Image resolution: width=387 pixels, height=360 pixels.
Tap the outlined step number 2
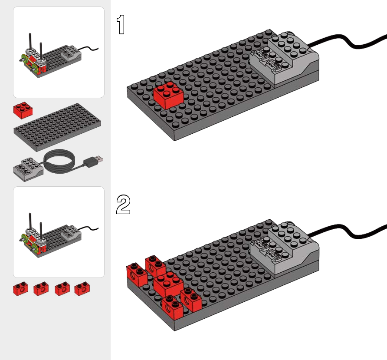pyautogui.click(x=123, y=205)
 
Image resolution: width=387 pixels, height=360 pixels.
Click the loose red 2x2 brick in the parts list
pyautogui.click(x=23, y=110)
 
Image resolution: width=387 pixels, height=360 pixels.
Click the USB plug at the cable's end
pyautogui.click(x=94, y=161)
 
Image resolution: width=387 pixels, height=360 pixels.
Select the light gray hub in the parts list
pyautogui.click(x=27, y=169)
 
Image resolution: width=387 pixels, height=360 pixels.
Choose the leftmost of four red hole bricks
pyautogui.click(x=20, y=289)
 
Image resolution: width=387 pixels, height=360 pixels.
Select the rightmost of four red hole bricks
pyautogui.click(x=82, y=289)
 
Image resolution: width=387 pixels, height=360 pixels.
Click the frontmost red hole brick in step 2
pyautogui.click(x=173, y=306)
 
